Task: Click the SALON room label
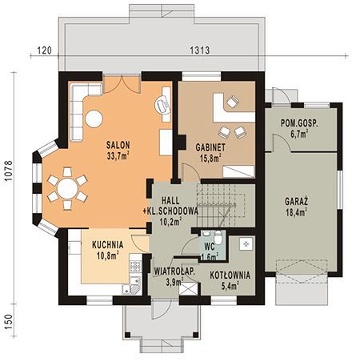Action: [118, 145]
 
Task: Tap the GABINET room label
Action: [210, 147]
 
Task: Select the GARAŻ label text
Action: [296, 201]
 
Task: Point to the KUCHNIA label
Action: [108, 245]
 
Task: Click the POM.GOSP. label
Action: [299, 123]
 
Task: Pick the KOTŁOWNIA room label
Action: [230, 276]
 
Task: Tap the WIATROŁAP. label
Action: [174, 271]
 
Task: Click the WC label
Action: [210, 247]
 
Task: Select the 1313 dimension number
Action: [200, 50]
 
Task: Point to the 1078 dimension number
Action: [9, 171]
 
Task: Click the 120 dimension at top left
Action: [44, 50]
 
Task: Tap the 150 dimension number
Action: [9, 322]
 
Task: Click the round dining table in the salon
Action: [67, 188]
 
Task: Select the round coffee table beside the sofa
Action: [94, 119]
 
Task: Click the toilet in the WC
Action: [218, 237]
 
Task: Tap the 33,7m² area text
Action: [118, 155]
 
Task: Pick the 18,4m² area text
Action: [296, 212]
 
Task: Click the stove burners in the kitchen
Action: [135, 266]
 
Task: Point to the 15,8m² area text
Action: [210, 158]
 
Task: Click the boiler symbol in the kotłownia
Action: [246, 243]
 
